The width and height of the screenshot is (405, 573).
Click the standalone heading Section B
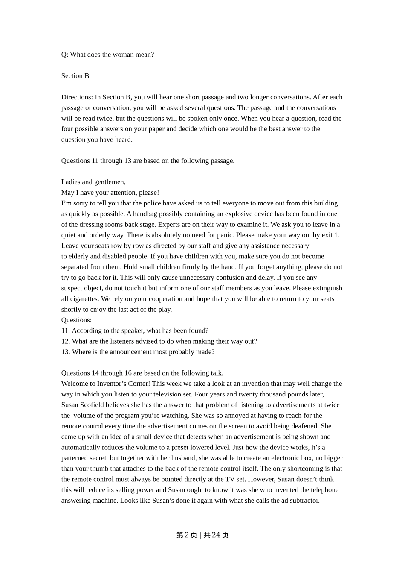(x=75, y=76)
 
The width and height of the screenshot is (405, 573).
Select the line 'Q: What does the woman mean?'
(x=107, y=55)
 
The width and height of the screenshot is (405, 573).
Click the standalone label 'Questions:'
(x=76, y=320)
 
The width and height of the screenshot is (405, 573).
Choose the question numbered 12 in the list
(x=159, y=341)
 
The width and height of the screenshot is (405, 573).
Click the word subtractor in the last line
(x=304, y=501)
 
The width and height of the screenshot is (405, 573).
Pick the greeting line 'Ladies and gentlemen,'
(x=93, y=182)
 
